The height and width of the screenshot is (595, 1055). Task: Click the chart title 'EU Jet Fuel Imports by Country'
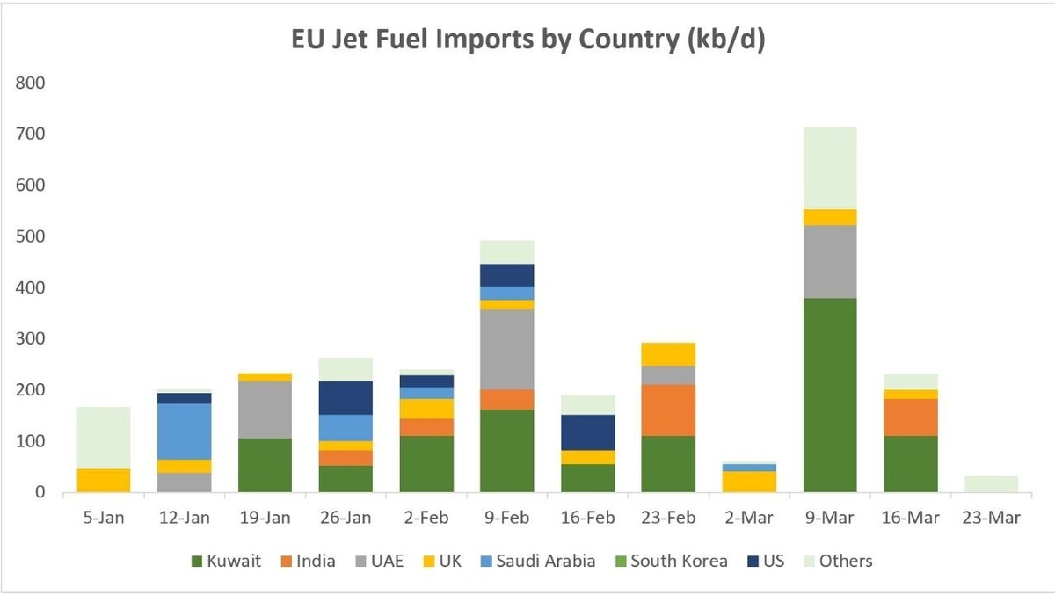point(484,39)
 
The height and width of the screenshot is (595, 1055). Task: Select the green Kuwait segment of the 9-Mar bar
point(830,395)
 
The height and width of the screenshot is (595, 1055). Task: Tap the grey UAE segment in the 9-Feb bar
point(506,349)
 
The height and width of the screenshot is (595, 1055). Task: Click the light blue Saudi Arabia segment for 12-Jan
point(184,432)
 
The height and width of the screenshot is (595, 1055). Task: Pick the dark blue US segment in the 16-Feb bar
point(588,432)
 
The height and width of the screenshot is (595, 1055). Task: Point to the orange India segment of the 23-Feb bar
point(668,410)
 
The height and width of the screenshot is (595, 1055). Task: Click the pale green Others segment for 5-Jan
point(104,438)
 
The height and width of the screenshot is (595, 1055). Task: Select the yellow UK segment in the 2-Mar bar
point(749,482)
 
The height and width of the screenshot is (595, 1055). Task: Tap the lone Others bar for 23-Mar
point(992,484)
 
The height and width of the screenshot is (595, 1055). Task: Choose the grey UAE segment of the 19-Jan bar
point(266,410)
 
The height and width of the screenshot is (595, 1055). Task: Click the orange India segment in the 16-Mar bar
point(911,417)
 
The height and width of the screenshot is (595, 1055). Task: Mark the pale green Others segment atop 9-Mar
point(830,168)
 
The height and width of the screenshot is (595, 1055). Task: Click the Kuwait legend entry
point(226,561)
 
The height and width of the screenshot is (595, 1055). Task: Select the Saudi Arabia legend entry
point(538,561)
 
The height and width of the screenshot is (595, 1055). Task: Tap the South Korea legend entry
point(672,561)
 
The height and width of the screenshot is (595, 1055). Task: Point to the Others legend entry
point(839,561)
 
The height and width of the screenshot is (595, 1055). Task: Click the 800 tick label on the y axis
point(30,83)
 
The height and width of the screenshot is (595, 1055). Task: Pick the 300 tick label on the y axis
point(30,338)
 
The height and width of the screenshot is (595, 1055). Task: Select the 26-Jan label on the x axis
point(346,518)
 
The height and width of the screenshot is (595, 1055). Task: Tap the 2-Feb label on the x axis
point(426,518)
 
